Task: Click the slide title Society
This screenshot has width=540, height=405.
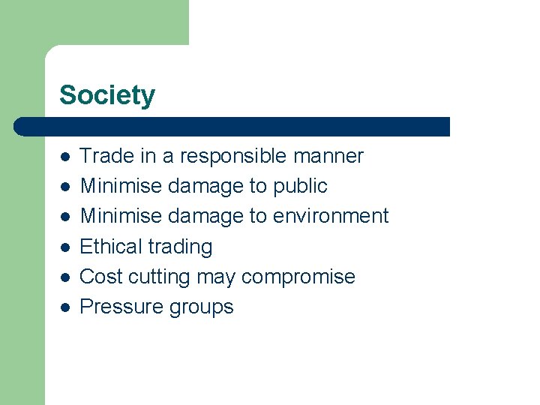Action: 107,95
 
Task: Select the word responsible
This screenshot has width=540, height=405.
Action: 233,156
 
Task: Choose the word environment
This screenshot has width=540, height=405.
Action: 330,216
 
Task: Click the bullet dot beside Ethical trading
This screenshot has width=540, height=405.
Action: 65,247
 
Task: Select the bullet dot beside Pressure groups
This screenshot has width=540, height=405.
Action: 65,307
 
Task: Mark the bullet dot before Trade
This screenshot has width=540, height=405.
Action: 65,157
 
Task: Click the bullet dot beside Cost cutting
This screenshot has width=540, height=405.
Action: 65,277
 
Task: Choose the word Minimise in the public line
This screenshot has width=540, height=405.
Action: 120,186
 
